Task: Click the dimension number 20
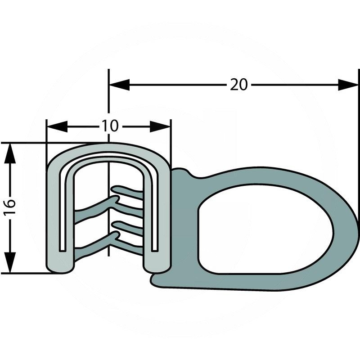point(239,85)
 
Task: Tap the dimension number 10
point(110,126)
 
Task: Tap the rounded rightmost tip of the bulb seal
point(355,229)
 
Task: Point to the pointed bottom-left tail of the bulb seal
point(155,281)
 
